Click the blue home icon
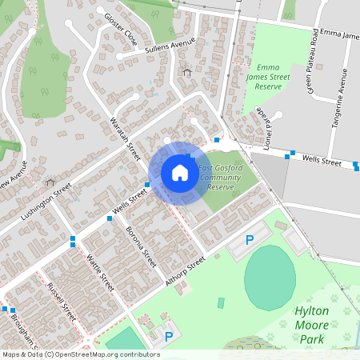pos(180,173)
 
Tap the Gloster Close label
pos(119,29)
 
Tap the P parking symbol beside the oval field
pos(249,239)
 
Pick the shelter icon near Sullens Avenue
pos(187,72)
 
